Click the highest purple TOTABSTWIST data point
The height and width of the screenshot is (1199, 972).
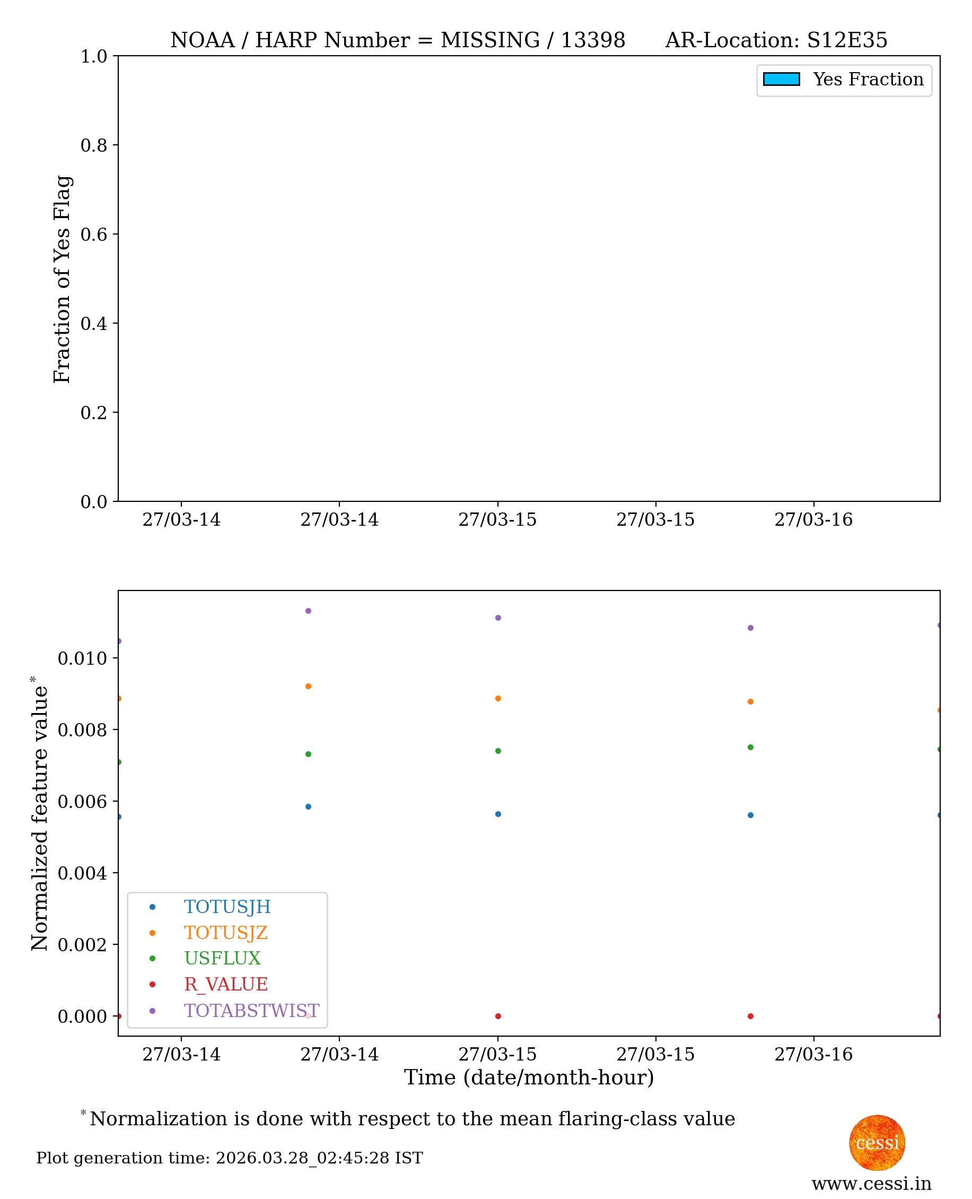308,611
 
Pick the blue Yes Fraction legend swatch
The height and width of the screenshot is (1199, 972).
781,80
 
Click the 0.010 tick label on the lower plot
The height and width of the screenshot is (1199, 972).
82,658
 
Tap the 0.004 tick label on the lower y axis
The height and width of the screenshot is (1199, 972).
82,873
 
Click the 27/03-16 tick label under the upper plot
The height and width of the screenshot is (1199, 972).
813,520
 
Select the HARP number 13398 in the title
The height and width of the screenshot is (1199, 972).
592,40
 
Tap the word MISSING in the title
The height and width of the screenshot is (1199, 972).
490,40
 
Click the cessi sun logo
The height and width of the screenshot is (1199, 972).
877,1142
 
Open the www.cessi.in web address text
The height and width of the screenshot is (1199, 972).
871,1183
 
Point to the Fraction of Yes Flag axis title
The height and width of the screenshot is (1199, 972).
62,279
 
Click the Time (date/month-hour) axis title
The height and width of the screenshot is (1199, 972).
529,1077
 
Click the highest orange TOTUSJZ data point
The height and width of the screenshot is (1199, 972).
308,686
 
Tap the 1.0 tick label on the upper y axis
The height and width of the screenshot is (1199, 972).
94,57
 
